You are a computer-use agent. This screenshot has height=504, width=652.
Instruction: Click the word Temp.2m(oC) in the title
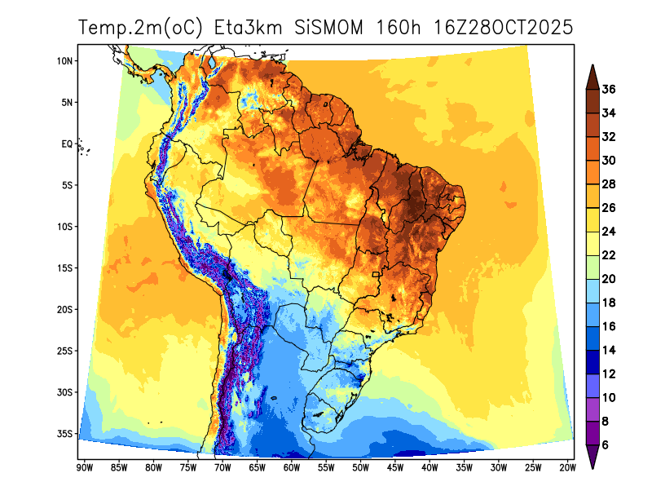[x=143, y=27]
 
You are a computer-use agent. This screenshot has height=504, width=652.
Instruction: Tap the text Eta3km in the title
[x=249, y=27]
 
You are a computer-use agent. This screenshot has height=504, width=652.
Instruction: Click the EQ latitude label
[x=67, y=144]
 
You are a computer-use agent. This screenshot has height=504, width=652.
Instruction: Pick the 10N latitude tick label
[x=65, y=61]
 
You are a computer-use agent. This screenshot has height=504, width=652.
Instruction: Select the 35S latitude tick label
[x=65, y=433]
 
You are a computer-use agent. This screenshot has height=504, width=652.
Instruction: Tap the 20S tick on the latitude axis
[x=65, y=309]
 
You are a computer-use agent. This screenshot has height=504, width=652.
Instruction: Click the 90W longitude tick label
[x=83, y=467]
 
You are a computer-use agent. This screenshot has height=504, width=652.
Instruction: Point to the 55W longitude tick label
[x=325, y=467]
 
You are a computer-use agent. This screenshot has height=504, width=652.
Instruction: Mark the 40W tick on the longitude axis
[x=430, y=467]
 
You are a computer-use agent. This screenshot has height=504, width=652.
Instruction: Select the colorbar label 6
[x=606, y=445]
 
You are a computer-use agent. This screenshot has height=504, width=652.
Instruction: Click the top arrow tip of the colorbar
[x=593, y=66]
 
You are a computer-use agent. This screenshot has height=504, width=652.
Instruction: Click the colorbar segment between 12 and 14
[x=593, y=362]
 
